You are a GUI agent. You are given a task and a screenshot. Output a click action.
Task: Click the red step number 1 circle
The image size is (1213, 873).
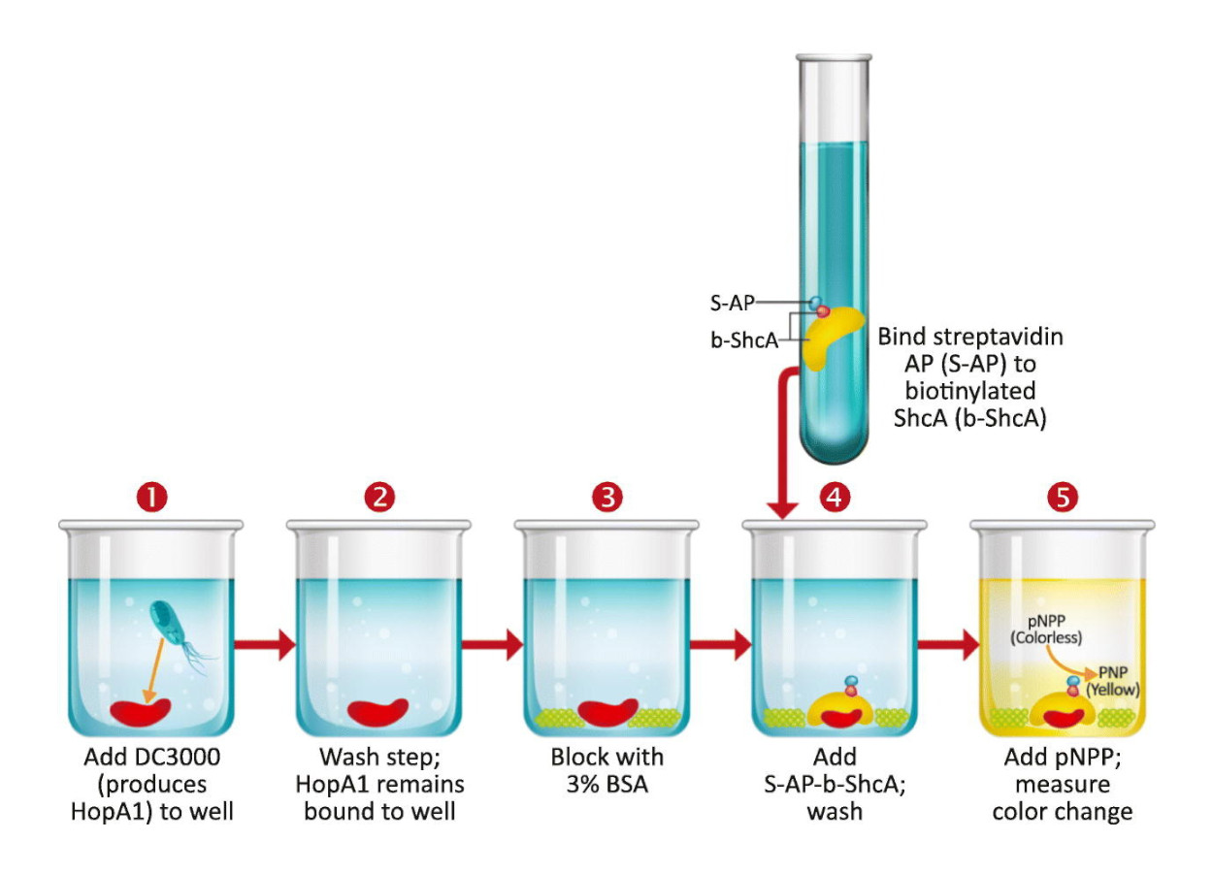[151, 497]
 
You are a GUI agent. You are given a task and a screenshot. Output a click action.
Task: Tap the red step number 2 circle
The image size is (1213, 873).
[379, 497]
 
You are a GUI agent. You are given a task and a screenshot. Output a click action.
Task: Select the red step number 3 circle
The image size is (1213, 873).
[607, 497]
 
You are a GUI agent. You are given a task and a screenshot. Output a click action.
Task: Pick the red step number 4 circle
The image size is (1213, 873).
[835, 497]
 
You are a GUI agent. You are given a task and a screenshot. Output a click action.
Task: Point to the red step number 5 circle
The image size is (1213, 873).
[1063, 497]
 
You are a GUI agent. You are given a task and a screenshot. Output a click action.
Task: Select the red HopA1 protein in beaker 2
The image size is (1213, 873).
[377, 712]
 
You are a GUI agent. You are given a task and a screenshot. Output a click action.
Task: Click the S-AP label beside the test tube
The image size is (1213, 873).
[732, 303]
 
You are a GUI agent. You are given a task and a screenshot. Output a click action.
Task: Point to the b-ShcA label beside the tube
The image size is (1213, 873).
[744, 340]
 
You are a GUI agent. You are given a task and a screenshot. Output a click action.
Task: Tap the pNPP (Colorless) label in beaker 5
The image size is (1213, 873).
[1046, 630]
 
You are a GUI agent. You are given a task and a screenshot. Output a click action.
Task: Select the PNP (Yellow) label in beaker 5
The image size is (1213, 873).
[1113, 681]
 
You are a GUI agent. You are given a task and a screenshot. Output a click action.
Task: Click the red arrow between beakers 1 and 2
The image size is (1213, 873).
[265, 645]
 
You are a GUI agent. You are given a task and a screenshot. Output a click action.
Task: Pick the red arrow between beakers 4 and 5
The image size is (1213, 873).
[949, 645]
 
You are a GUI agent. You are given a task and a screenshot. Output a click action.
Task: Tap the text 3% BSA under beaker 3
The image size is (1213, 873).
[607, 784]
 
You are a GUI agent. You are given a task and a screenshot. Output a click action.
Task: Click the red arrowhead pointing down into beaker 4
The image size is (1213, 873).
[782, 510]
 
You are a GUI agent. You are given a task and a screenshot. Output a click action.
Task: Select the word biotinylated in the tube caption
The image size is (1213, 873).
[970, 391]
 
